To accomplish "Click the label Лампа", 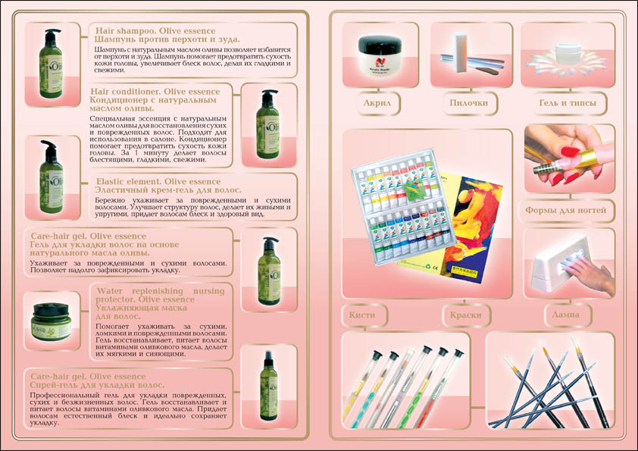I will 568,313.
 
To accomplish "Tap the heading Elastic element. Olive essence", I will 159,181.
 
